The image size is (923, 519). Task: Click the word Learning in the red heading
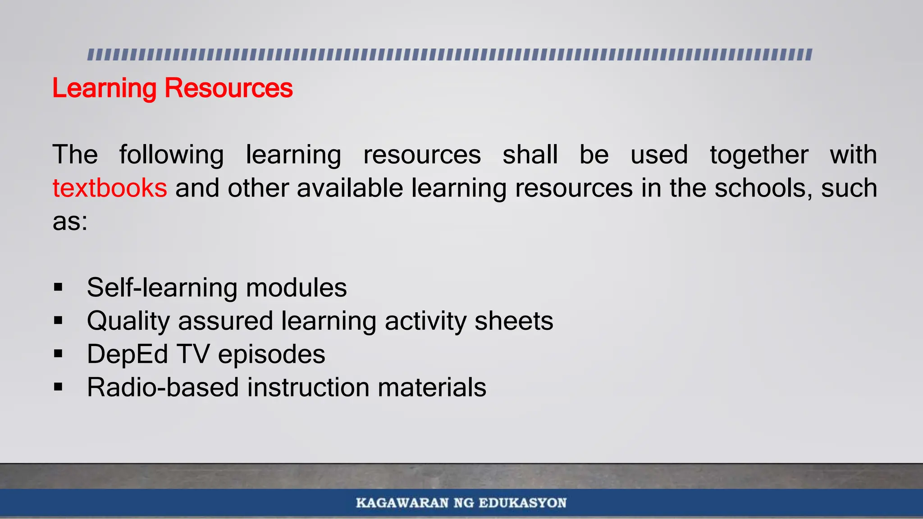click(104, 88)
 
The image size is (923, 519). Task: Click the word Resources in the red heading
click(228, 88)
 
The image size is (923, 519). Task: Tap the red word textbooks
click(110, 188)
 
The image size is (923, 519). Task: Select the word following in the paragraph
click(171, 155)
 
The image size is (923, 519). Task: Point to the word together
click(759, 155)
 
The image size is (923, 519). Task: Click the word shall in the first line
click(530, 155)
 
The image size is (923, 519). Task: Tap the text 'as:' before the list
click(70, 222)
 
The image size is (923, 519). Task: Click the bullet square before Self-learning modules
click(58, 287)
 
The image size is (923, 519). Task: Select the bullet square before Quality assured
click(58, 321)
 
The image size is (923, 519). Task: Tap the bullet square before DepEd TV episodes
click(58, 354)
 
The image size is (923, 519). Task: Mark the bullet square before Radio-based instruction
click(58, 387)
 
